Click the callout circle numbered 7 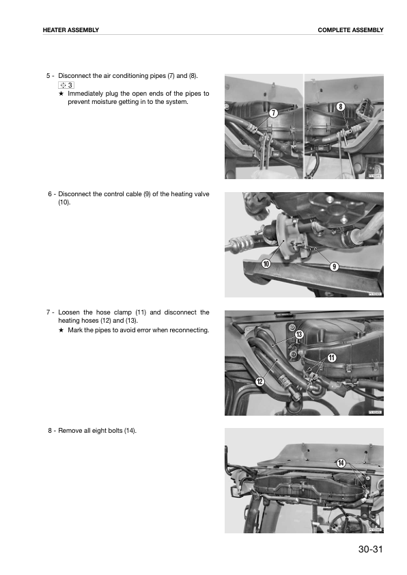(274, 113)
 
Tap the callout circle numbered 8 (341, 107)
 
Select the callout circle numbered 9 (334, 267)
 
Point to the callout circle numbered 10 (266, 263)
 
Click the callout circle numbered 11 (331, 358)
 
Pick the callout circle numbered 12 (259, 382)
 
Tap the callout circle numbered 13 (299, 334)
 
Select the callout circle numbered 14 (341, 463)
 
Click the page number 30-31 (370, 549)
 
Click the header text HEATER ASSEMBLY (71, 30)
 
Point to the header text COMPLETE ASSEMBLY (350, 30)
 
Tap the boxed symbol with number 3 (66, 85)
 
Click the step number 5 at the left (48, 76)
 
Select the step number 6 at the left (50, 194)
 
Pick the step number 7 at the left (48, 312)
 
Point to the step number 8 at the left (50, 431)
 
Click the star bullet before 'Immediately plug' (61, 94)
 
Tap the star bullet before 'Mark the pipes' (61, 330)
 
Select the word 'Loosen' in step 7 (69, 312)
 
